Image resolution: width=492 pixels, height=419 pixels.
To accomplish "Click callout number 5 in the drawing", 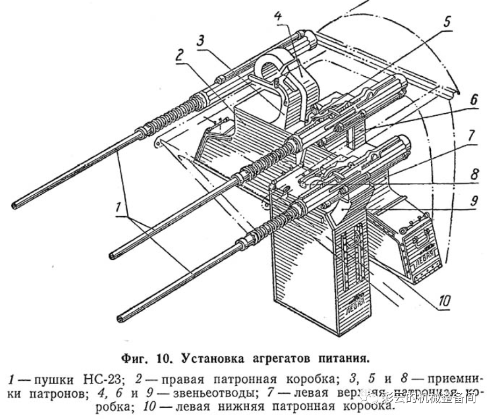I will [x=447, y=24].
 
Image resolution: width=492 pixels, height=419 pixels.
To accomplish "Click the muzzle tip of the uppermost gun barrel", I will [x=15, y=205].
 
